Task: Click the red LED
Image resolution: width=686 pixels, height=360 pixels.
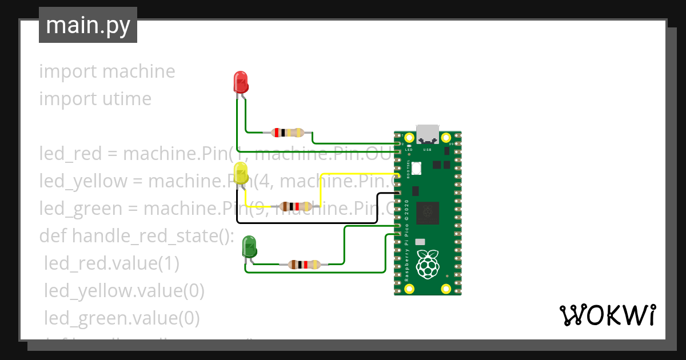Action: tap(241, 82)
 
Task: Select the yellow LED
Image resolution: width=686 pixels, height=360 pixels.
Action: tap(241, 173)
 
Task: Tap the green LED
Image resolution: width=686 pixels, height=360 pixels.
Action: tap(249, 246)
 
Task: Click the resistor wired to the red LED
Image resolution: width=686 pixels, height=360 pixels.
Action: tap(288, 133)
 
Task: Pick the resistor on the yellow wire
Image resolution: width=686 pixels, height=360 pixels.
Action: tap(296, 206)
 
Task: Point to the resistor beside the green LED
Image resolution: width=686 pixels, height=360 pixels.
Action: tap(304, 264)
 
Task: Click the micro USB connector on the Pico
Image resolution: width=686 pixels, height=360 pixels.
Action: tap(427, 134)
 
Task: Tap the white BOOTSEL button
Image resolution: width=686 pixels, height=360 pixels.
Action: tap(417, 168)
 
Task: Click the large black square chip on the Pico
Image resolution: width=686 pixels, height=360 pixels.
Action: tap(428, 213)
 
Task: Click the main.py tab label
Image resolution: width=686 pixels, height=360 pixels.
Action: tap(87, 25)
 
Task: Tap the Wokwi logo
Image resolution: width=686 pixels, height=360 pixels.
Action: tap(607, 315)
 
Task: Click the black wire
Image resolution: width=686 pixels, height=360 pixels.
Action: tap(309, 222)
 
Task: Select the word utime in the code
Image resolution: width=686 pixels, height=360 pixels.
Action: tap(126, 99)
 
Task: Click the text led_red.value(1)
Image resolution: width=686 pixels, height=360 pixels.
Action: tap(112, 263)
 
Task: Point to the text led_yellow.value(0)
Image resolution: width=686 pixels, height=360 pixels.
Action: tap(124, 291)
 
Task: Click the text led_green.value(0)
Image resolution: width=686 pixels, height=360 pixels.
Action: tap(122, 318)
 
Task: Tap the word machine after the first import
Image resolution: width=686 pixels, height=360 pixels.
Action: tap(138, 71)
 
